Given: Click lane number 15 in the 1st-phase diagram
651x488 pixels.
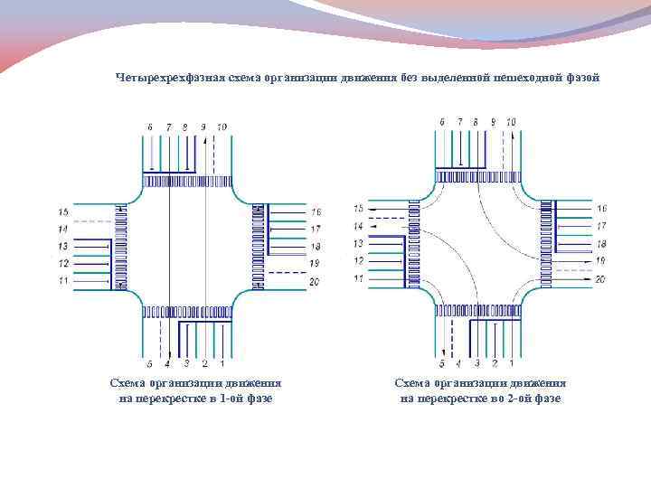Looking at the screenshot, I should [63, 212].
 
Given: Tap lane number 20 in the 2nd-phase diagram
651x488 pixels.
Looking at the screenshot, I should [601, 280].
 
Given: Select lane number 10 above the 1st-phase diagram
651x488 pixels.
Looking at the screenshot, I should [222, 127].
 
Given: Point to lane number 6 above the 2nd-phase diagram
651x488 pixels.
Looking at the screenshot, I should [442, 121].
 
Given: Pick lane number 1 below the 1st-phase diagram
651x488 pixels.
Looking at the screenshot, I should [222, 364].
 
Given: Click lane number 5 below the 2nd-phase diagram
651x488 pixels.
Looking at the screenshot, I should [442, 364].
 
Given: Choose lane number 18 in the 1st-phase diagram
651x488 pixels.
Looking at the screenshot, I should [316, 247].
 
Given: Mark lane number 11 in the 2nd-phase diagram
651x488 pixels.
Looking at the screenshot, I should [358, 277].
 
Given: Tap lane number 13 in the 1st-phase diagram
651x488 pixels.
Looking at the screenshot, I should [63, 247].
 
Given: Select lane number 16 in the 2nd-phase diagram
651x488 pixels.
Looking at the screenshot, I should [601, 209].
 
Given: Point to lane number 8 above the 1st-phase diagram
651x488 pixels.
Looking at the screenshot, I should [184, 127].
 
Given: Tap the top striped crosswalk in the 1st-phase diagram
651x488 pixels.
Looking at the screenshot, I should [187, 182].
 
